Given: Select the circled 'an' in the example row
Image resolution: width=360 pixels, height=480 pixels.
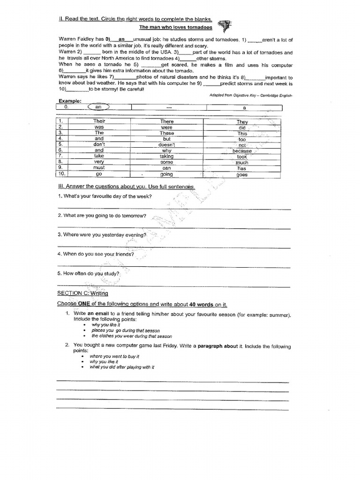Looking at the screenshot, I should (x=98, y=107).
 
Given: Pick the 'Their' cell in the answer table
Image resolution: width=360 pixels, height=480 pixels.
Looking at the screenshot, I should (x=99, y=121).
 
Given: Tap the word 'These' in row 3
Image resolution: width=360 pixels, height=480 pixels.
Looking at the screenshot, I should (x=166, y=133).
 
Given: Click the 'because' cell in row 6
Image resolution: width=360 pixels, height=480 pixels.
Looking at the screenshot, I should (x=242, y=151).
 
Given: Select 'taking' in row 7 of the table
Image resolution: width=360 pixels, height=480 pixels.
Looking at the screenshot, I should (x=166, y=157).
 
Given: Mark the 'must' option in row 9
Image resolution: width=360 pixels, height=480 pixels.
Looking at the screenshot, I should (x=99, y=167).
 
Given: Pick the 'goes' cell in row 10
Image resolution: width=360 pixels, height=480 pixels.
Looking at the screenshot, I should (x=242, y=174).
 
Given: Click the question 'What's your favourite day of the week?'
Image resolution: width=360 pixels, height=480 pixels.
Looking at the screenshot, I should (x=105, y=196).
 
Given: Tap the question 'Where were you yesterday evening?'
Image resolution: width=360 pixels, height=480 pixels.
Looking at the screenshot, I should (x=102, y=234).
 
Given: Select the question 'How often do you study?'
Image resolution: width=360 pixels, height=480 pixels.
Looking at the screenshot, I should (x=89, y=273).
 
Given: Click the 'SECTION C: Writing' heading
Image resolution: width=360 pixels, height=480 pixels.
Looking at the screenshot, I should (x=82, y=293).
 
